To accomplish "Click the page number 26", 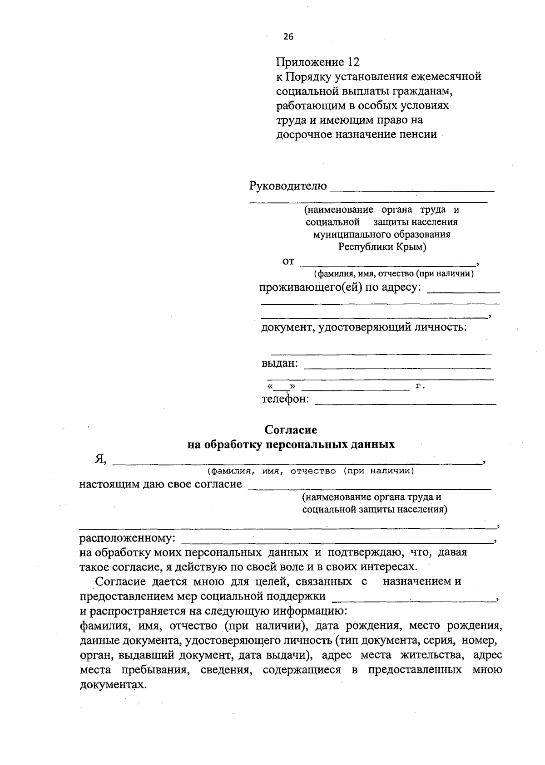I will pyautogui.click(x=288, y=37).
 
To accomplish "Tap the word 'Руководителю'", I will pyautogui.click(x=288, y=186).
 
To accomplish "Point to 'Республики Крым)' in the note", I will pyautogui.click(x=382, y=247).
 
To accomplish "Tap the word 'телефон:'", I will pyautogui.click(x=285, y=399).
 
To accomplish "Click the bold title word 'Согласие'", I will pyautogui.click(x=291, y=429).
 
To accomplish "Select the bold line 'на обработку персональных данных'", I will pyautogui.click(x=291, y=444).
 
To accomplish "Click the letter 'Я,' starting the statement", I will pyautogui.click(x=100, y=459).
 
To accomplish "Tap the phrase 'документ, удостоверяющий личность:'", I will pyautogui.click(x=364, y=326).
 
